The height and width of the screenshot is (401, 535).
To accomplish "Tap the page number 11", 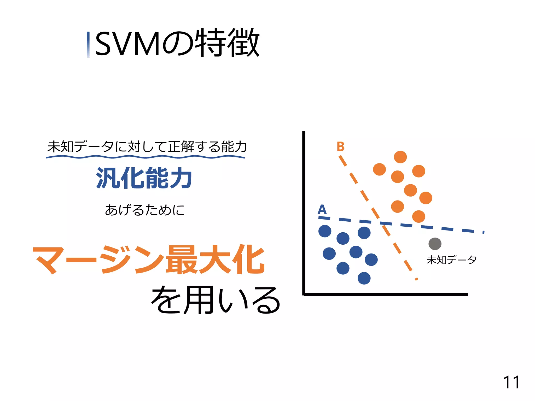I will [x=511, y=382].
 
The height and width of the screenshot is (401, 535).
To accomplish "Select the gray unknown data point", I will [x=435, y=244].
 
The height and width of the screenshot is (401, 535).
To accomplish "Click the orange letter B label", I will [x=341, y=146].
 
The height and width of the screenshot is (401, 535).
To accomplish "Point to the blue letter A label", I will [x=322, y=209].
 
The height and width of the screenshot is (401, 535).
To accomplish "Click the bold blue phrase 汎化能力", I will [x=144, y=178].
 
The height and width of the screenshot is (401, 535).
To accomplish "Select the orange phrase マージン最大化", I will [x=148, y=260].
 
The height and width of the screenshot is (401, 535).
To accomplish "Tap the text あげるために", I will [x=144, y=210].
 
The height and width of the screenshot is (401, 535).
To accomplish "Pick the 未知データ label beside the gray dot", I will [x=451, y=260].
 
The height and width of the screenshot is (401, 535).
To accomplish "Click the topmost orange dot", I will [x=400, y=157].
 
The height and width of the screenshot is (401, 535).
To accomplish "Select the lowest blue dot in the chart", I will [x=364, y=278].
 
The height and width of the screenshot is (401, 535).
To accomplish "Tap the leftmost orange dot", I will [x=379, y=169].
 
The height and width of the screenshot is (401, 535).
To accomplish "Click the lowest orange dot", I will [x=418, y=216].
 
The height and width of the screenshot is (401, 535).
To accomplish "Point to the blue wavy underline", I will [x=145, y=157].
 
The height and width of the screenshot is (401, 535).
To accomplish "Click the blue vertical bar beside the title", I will [x=88, y=45].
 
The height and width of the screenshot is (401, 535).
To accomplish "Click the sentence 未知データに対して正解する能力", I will [x=147, y=146].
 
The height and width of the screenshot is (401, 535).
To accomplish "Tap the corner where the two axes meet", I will [x=304, y=294].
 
